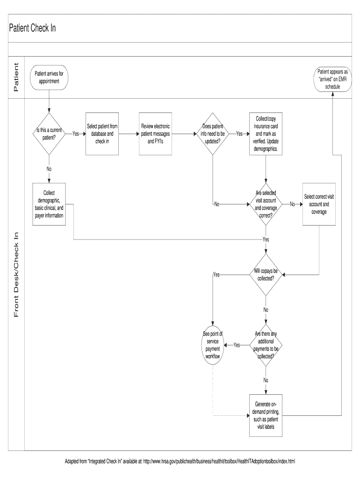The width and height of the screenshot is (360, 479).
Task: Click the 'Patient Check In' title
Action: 33,28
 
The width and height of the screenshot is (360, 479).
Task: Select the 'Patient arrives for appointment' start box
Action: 49,78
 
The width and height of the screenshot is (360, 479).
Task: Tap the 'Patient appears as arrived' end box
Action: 332,79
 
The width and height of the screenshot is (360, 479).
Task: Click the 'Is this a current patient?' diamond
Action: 49,134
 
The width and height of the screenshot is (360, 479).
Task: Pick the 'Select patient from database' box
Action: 102,133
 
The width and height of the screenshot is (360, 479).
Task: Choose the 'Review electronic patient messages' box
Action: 155,133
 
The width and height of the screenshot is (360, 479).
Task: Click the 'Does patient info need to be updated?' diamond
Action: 213,133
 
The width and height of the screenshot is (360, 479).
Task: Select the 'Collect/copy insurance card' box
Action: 266,133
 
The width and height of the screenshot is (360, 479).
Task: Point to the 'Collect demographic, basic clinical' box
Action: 49,204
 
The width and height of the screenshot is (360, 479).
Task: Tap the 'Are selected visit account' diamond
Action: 266,204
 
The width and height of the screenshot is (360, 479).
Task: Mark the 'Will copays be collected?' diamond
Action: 266,275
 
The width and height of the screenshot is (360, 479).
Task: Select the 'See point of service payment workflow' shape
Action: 213,345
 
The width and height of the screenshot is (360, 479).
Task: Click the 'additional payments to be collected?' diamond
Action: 266,345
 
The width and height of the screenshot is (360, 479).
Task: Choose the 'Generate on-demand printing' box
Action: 266,416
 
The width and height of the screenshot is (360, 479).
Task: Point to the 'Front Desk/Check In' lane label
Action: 16,275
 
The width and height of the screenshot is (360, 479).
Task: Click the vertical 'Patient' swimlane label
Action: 16,78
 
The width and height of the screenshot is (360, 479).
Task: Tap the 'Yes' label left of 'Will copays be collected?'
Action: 216,275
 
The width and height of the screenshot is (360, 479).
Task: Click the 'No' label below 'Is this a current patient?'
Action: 49,169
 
